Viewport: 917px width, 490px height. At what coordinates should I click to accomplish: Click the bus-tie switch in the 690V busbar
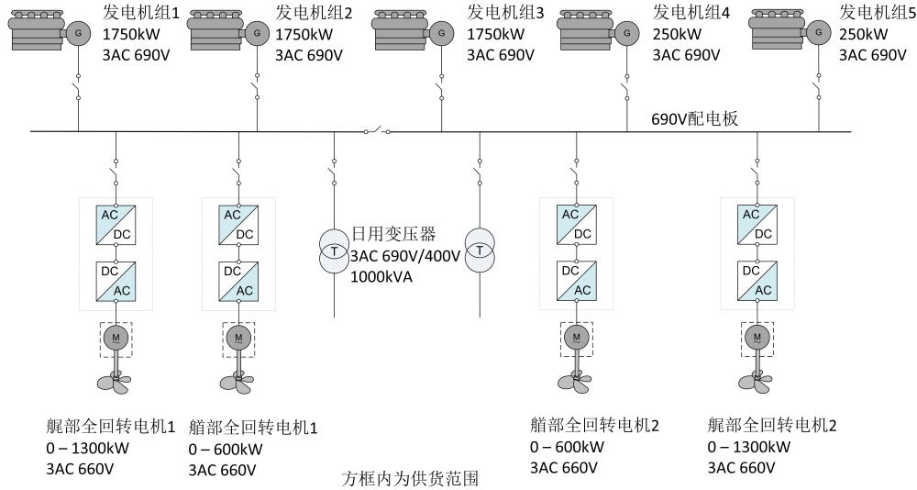pos(376,130)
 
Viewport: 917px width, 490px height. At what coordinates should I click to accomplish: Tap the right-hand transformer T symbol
pos(479,251)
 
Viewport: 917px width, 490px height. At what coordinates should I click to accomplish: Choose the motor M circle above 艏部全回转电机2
pos(576,337)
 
